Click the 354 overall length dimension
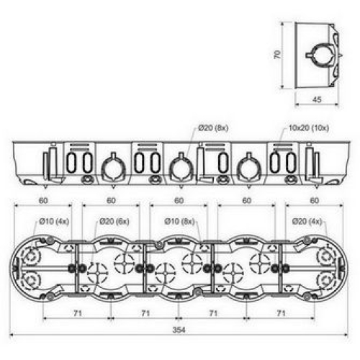coord(179,330)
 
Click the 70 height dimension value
coord(277,55)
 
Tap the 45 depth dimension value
coord(317,99)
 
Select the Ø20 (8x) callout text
coord(213,128)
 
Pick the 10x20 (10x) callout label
coord(309,128)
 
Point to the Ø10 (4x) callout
coord(54,221)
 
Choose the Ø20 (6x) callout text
coord(114,221)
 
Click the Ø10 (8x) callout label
coord(179,221)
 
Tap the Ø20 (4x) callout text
coord(307,221)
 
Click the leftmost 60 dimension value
coord(43,200)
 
